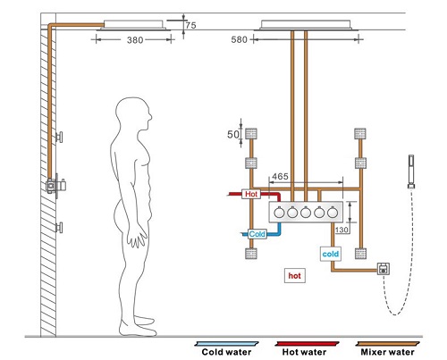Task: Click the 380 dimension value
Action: point(135,40)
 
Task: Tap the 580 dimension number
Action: point(240,39)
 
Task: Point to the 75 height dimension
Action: point(190,25)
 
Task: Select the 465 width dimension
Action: point(280,177)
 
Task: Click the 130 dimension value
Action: point(342,230)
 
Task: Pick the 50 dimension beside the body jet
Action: point(233,134)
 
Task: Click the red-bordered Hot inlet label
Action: point(251,194)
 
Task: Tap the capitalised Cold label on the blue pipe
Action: point(257,234)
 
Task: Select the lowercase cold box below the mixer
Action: point(331,254)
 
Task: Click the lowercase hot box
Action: point(295,276)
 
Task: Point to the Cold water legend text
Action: point(226,352)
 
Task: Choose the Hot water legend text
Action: point(304,352)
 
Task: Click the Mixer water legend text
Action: point(387,352)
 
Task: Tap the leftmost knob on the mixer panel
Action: point(279,213)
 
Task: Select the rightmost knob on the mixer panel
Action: point(333,213)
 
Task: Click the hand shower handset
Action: point(411,172)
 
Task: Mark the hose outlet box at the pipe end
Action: point(384,269)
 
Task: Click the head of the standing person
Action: point(134,114)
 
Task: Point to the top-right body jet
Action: point(360,134)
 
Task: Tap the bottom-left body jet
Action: point(251,254)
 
